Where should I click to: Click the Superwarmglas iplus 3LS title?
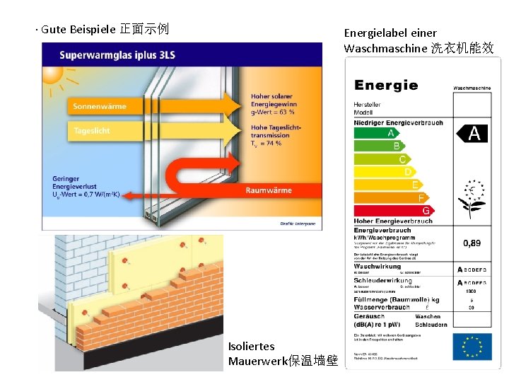[117, 54]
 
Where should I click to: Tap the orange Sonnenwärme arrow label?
[100, 107]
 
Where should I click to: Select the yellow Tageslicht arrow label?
[92, 131]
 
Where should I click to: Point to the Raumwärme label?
[269, 190]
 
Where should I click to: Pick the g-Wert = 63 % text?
[273, 112]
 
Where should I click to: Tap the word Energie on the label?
[386, 86]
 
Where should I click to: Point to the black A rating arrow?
[472, 133]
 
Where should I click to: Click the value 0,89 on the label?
[472, 243]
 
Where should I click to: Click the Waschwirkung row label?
[378, 267]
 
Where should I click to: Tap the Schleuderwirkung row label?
[382, 281]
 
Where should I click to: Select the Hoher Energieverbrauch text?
[393, 221]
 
